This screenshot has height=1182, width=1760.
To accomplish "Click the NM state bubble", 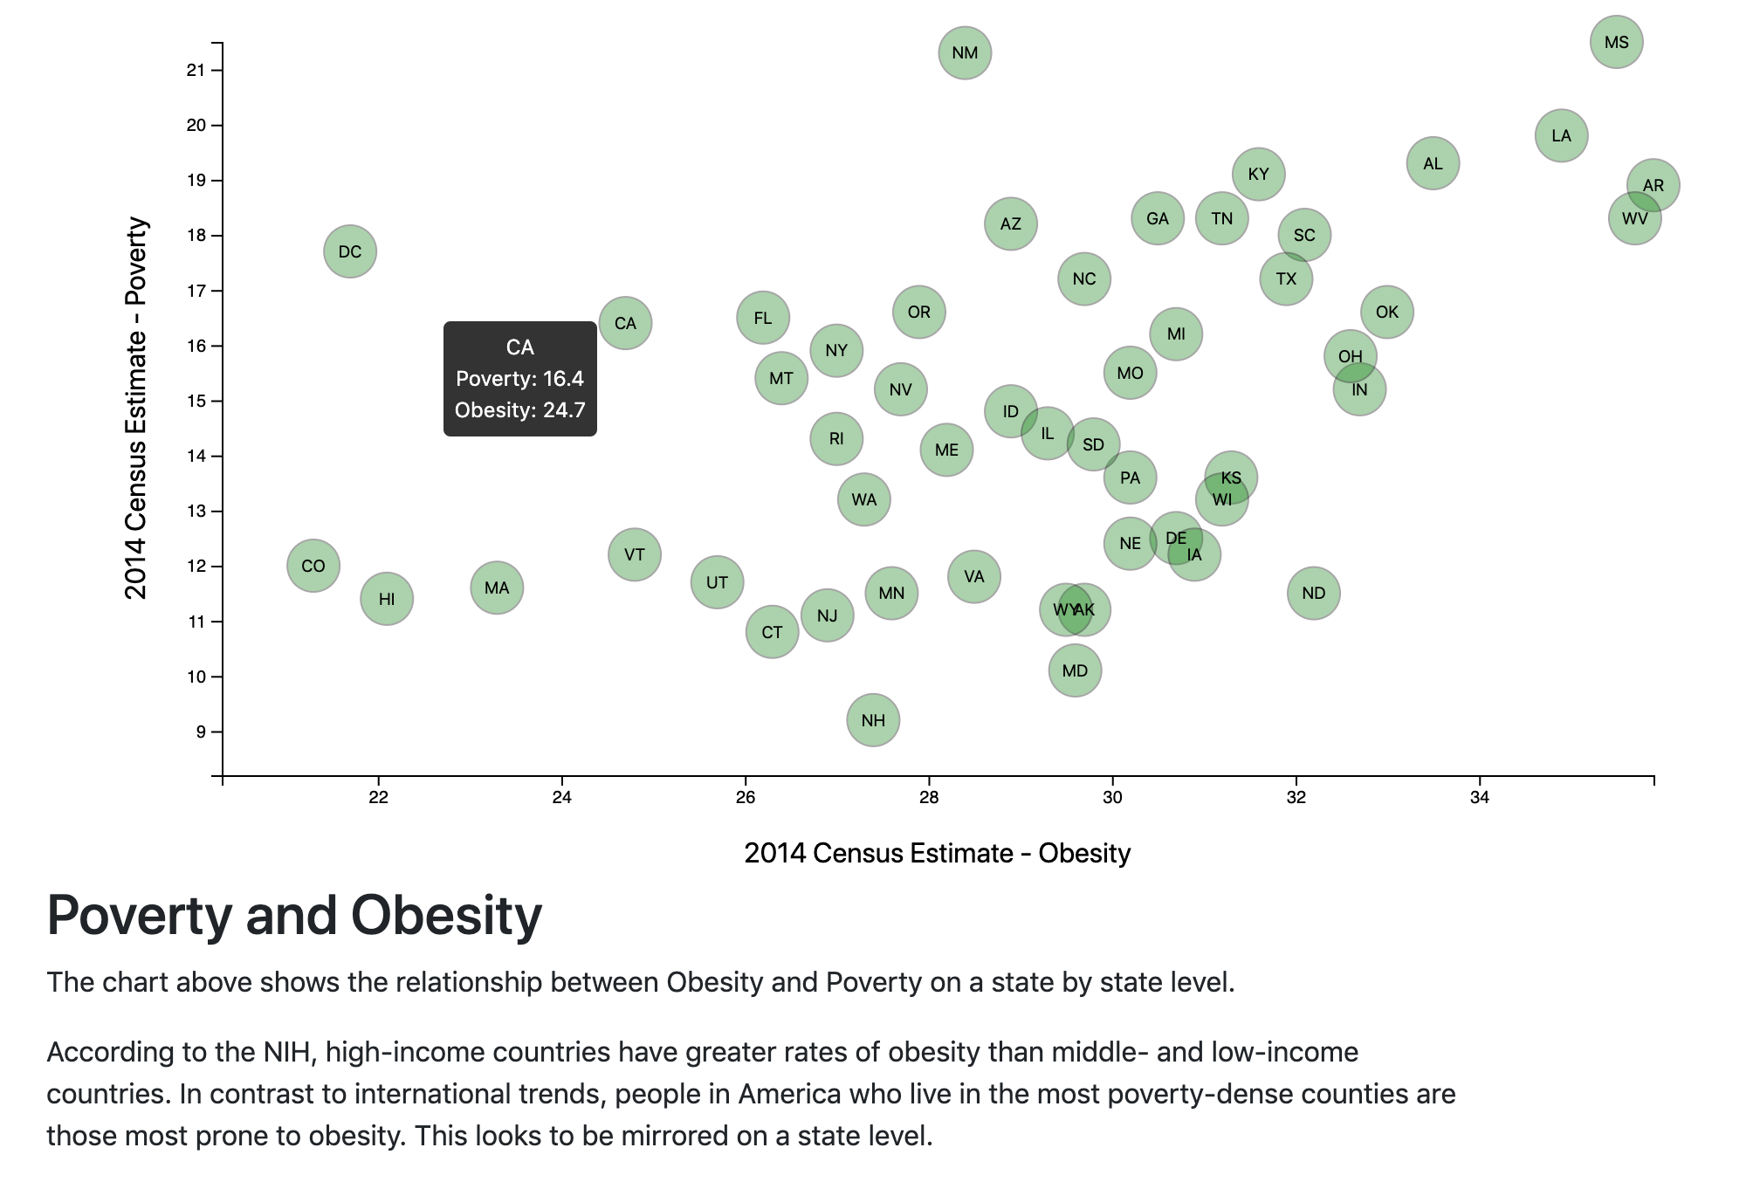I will pyautogui.click(x=964, y=53).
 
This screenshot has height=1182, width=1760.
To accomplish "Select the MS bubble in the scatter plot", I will pyautogui.click(x=1616, y=42).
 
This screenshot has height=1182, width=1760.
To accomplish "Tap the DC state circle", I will pyautogui.click(x=349, y=251).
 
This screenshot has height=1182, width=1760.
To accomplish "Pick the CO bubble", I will pyautogui.click(x=313, y=566).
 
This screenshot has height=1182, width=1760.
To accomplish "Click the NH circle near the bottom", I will pyautogui.click(x=872, y=720).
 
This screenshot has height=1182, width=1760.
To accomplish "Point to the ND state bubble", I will pyautogui.click(x=1313, y=594).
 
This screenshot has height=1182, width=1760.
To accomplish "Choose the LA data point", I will pyautogui.click(x=1561, y=136).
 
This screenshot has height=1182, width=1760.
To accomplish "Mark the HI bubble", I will pyautogui.click(x=386, y=599).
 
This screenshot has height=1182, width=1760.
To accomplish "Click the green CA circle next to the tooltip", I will pyautogui.click(x=625, y=323).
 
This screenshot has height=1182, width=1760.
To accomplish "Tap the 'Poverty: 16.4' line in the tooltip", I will pyautogui.click(x=519, y=379).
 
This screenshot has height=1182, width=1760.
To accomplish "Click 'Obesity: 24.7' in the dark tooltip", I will pyautogui.click(x=519, y=410).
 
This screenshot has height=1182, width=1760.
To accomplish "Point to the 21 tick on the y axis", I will pyautogui.click(x=196, y=71).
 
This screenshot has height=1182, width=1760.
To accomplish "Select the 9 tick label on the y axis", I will pyautogui.click(x=201, y=732).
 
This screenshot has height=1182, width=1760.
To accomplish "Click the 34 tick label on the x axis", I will pyautogui.click(x=1479, y=797).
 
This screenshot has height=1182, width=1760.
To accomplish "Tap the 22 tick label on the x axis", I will pyautogui.click(x=378, y=797).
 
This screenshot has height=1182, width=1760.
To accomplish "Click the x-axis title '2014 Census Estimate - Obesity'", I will pyautogui.click(x=937, y=853).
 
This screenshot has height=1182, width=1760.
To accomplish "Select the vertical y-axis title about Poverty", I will pyautogui.click(x=136, y=408).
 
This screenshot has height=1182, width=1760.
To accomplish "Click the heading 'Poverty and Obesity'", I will pyautogui.click(x=294, y=916).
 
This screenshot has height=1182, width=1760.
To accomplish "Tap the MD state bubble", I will pyautogui.click(x=1075, y=670).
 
